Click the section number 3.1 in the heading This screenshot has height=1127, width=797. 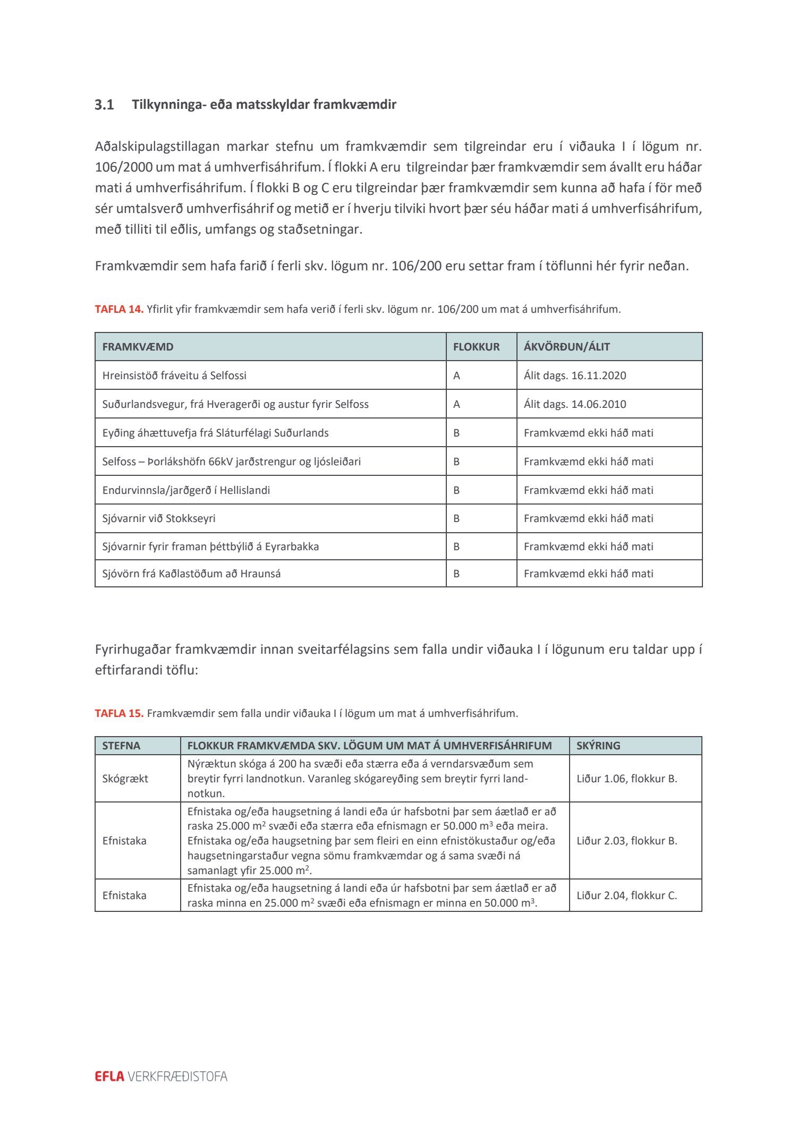coord(104,105)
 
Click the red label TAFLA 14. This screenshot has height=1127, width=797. coord(119,309)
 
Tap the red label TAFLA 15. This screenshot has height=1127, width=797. coord(119,713)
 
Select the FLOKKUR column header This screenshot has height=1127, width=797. coord(476,347)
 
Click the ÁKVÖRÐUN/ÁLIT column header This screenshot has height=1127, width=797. coord(566,347)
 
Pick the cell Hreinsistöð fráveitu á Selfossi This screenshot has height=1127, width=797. coord(174,375)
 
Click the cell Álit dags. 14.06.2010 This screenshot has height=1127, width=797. coord(575,404)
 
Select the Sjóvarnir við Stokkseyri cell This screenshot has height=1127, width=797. coord(159,518)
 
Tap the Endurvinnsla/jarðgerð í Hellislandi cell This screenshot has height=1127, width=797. coord(186,490)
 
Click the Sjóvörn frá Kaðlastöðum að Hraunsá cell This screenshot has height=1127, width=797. coord(191,574)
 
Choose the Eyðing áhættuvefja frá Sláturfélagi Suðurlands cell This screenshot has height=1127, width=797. coord(215,433)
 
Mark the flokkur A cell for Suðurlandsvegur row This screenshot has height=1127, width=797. coord(456,404)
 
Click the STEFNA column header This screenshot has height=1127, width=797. coord(121,746)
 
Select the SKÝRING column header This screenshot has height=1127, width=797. coord(598,746)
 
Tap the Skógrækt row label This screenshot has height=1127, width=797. coord(125,779)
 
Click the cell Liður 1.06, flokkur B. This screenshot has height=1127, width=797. coord(627,779)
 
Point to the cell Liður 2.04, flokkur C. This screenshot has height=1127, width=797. coord(627,895)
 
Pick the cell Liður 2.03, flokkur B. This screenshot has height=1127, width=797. coord(627,841)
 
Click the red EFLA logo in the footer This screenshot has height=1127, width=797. coord(109,1077)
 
